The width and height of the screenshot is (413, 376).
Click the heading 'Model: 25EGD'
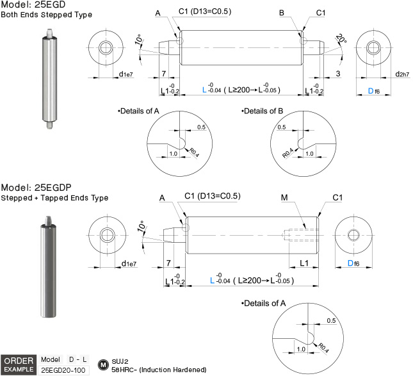[x=33, y=4]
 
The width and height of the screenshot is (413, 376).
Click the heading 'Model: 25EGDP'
[x=36, y=188]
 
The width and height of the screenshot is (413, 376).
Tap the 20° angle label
[x=341, y=38]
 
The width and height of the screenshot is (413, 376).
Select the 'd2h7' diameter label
[x=402, y=74]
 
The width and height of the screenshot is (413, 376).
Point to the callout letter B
[x=282, y=13]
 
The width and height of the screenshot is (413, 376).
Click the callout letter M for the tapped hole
[x=284, y=197]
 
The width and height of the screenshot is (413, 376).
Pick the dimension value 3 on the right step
[x=338, y=74]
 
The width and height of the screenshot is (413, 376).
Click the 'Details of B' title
[x=263, y=111]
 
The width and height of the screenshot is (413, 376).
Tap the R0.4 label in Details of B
[x=288, y=152]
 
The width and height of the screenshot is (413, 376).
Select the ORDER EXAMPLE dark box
[x=19, y=365]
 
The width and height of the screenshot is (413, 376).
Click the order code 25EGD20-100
[x=63, y=370]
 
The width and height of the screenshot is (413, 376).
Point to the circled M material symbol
[x=103, y=365]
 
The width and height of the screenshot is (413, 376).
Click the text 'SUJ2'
[x=120, y=361]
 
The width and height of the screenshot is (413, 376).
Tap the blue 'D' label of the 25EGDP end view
[x=350, y=263]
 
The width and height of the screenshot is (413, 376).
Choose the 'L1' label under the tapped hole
[x=304, y=263]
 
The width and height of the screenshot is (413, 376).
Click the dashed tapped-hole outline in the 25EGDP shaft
[x=300, y=235]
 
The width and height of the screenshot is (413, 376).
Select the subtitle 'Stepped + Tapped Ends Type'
[x=54, y=198]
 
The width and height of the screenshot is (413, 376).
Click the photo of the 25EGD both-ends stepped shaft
[x=49, y=79]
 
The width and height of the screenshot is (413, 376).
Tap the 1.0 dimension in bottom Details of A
[x=301, y=349]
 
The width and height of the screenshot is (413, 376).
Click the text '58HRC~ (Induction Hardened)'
[x=159, y=370]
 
